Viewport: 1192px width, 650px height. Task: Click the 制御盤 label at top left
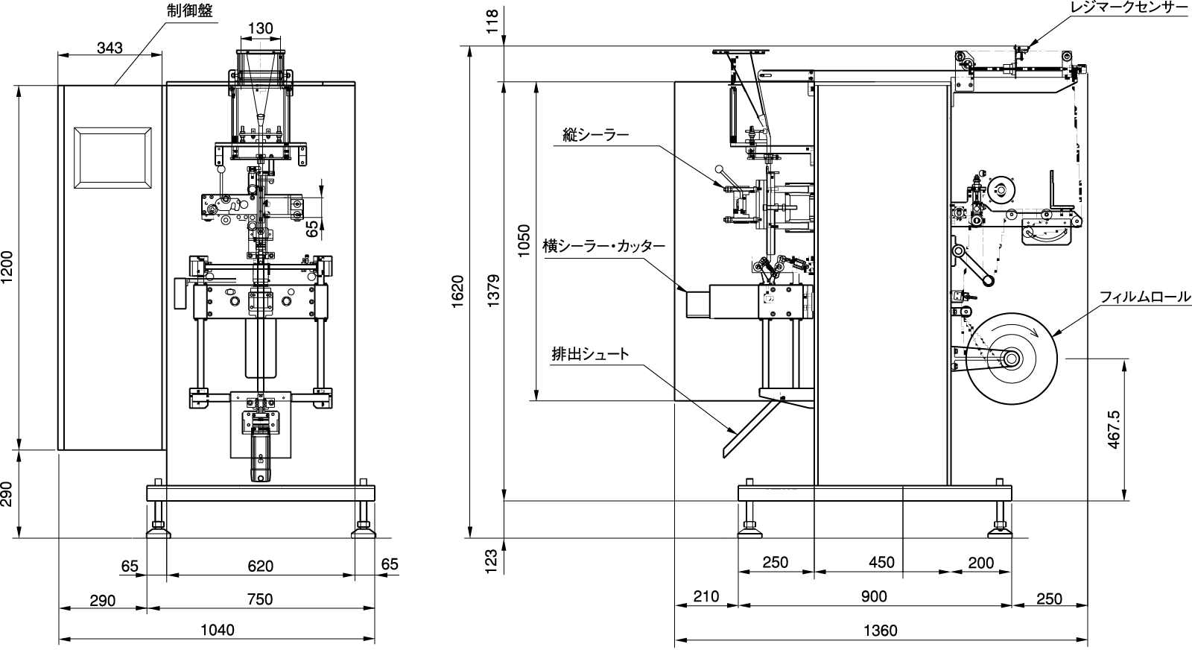[189, 10]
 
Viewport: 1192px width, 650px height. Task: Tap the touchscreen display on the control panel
[112, 158]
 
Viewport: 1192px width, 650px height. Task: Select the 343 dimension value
[110, 48]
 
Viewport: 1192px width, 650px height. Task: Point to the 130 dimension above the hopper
[260, 28]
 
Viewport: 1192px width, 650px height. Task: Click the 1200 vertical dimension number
[7, 268]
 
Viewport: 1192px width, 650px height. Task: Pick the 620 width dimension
[260, 565]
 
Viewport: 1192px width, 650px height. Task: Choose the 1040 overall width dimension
[217, 631]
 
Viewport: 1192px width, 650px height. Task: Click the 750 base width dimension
[260, 599]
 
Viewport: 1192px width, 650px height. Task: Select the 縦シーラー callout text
[595, 135]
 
